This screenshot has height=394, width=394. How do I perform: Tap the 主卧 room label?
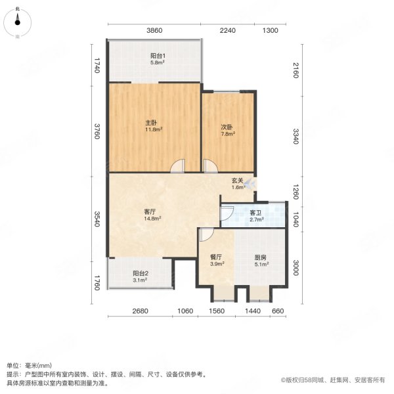point(150,123)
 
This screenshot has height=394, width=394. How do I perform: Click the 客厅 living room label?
point(150,211)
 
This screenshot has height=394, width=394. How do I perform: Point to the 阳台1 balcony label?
point(156,56)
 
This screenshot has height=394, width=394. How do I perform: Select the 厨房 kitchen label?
point(261,257)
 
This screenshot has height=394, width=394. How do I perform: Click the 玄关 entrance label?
point(238,181)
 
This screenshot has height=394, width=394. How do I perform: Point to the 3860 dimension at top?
point(153,31)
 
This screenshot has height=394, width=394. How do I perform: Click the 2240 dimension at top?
point(227,31)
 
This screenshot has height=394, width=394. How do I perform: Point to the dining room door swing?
point(206,234)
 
